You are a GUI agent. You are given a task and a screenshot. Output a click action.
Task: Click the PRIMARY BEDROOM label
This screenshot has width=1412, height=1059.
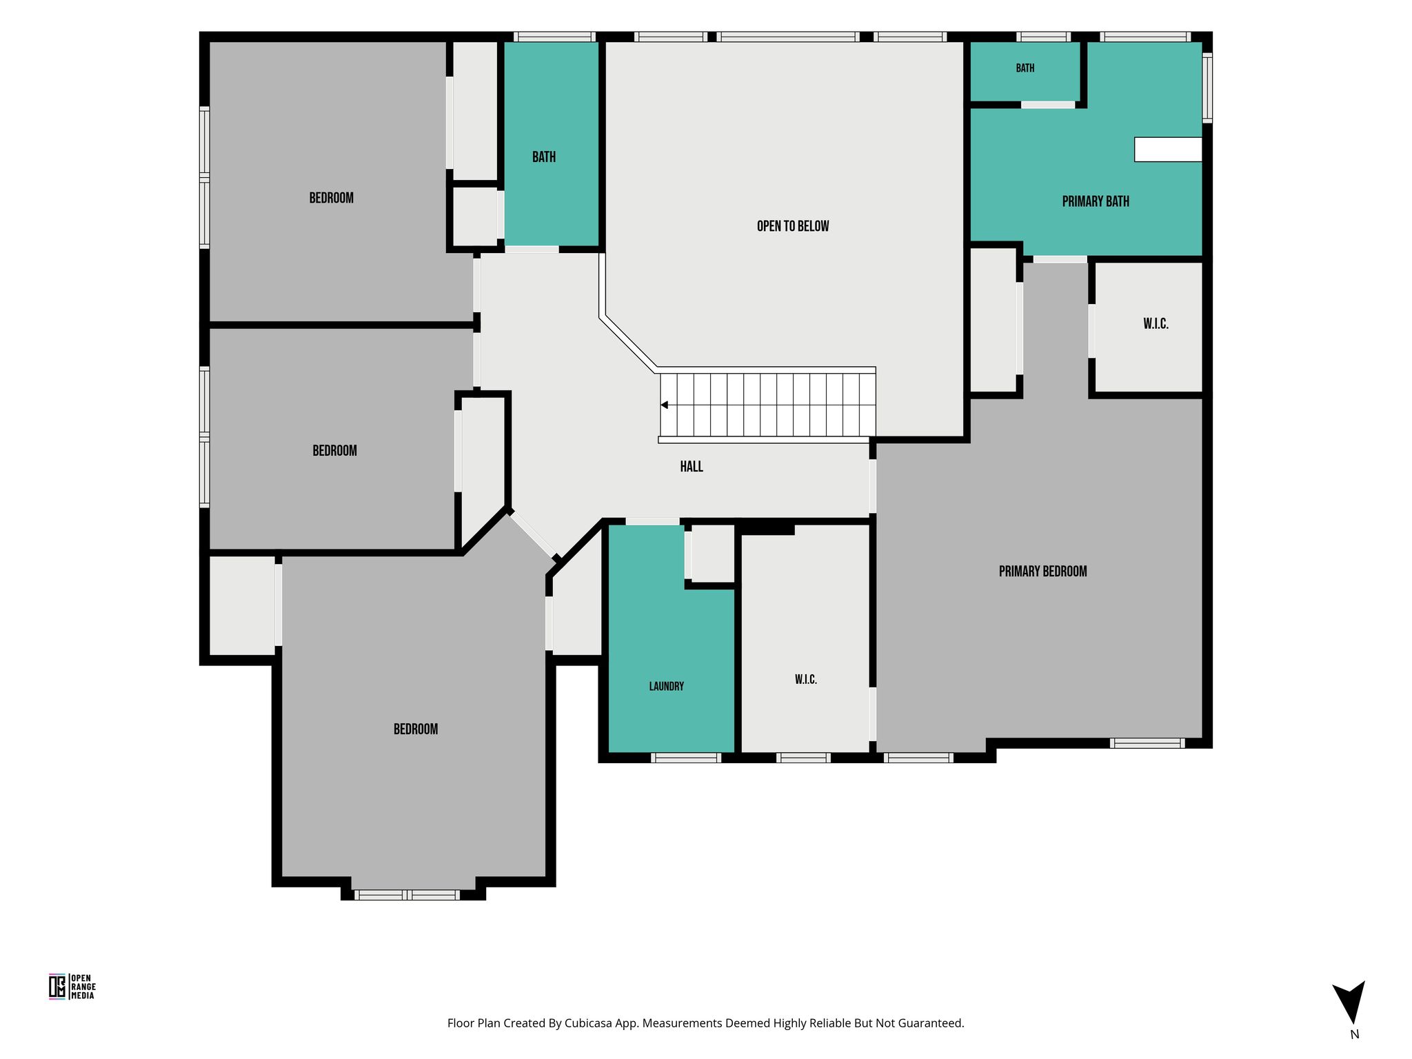click(1042, 571)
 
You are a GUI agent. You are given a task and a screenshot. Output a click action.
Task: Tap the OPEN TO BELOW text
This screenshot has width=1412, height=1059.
click(793, 226)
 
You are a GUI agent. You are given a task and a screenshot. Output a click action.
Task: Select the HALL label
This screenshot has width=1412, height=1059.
click(692, 467)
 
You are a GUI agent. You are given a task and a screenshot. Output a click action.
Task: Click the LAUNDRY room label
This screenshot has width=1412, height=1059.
click(667, 686)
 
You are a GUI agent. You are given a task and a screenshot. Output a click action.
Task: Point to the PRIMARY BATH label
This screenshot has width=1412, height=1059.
click(1096, 201)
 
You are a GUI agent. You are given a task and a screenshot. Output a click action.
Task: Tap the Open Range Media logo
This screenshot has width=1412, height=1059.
click(72, 987)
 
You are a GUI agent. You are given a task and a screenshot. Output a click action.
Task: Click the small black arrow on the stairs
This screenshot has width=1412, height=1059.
click(665, 405)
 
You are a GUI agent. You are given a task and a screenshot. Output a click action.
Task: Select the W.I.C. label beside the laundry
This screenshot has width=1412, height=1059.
click(806, 680)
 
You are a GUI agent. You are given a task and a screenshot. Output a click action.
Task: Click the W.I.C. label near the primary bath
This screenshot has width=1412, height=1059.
click(1156, 324)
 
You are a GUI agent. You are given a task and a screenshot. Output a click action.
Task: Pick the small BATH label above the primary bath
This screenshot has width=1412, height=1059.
click(1025, 68)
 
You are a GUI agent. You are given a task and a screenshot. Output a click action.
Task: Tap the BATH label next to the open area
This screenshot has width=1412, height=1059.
click(544, 157)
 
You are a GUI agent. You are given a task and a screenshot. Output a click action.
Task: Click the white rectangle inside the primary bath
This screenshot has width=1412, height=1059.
click(1168, 150)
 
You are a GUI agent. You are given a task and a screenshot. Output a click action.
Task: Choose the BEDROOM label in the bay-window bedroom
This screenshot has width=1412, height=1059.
click(416, 729)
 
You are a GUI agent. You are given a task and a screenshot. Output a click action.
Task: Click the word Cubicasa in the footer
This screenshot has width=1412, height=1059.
click(589, 1023)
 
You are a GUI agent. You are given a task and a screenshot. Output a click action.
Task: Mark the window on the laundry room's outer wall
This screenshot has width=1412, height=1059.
click(686, 758)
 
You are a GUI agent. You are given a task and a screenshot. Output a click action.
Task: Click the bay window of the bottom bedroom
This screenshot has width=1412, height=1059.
click(407, 895)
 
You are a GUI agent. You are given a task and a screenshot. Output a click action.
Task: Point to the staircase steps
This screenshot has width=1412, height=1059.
click(767, 405)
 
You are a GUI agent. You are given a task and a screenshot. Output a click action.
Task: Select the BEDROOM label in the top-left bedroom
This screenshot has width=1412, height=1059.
click(332, 198)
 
